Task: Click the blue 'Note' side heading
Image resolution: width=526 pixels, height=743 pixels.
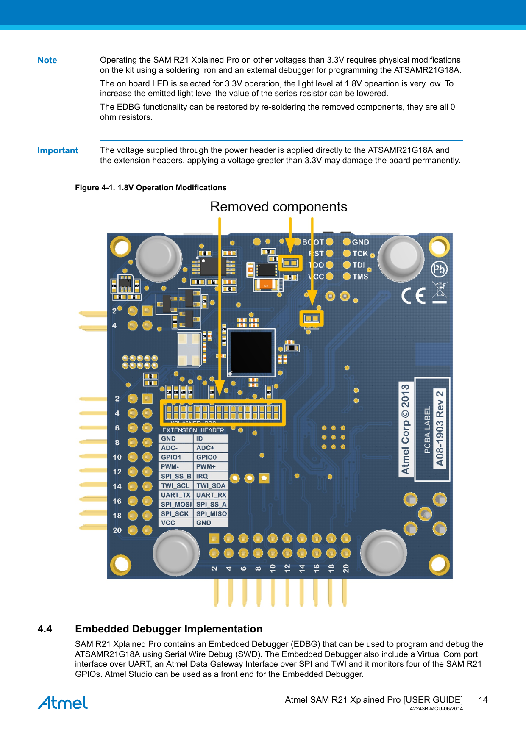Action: coord(47,60)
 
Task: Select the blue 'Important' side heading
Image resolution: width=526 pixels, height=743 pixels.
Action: coord(58,150)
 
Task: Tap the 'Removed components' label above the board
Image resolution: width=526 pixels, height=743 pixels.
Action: coord(278,207)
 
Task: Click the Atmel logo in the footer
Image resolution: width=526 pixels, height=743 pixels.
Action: coord(63,703)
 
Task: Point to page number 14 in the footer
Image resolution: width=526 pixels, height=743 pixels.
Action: coord(483,700)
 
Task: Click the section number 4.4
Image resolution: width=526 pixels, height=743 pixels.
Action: coord(45,629)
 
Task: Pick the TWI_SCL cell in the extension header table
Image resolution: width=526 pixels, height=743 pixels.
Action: coord(175,485)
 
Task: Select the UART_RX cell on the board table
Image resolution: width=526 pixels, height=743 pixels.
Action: coord(211,495)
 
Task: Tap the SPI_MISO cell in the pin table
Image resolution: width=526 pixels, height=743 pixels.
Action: coord(211,513)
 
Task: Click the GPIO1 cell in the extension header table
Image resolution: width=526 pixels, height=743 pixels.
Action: coord(171,457)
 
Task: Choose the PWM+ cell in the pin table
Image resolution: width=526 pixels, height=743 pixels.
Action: coord(206,466)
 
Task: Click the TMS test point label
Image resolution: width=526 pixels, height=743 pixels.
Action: coord(360,277)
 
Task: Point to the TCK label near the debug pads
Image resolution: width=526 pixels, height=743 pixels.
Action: coord(360,253)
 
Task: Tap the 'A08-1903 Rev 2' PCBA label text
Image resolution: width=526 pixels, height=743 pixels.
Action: coord(440,428)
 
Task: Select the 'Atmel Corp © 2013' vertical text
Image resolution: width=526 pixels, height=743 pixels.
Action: coord(406,429)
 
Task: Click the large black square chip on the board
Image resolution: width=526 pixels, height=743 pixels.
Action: coord(250,352)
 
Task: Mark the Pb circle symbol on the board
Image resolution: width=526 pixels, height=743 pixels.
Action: coord(439,269)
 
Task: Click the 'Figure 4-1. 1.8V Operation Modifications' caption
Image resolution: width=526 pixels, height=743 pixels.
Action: coord(150,188)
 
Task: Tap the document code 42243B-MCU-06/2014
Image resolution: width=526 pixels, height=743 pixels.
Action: coord(436,708)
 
